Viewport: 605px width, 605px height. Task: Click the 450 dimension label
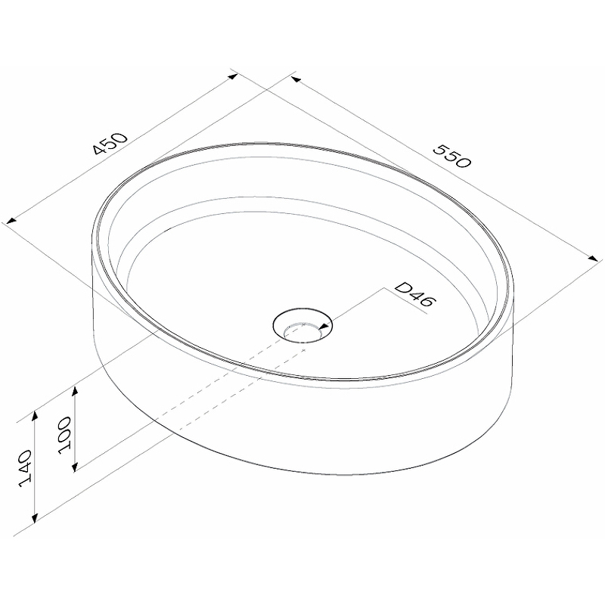coord(110,144)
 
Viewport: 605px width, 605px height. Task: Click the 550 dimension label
coord(452,157)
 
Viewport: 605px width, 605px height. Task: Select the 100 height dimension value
coord(64,436)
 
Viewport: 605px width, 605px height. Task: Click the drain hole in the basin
coord(302,326)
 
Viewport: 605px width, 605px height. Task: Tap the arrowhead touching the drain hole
coord(325,327)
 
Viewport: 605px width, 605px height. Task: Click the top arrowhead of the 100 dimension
coord(75,391)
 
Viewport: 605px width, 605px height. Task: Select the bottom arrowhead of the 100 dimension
coord(75,466)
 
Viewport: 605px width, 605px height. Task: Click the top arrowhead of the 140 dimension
coord(35,417)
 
